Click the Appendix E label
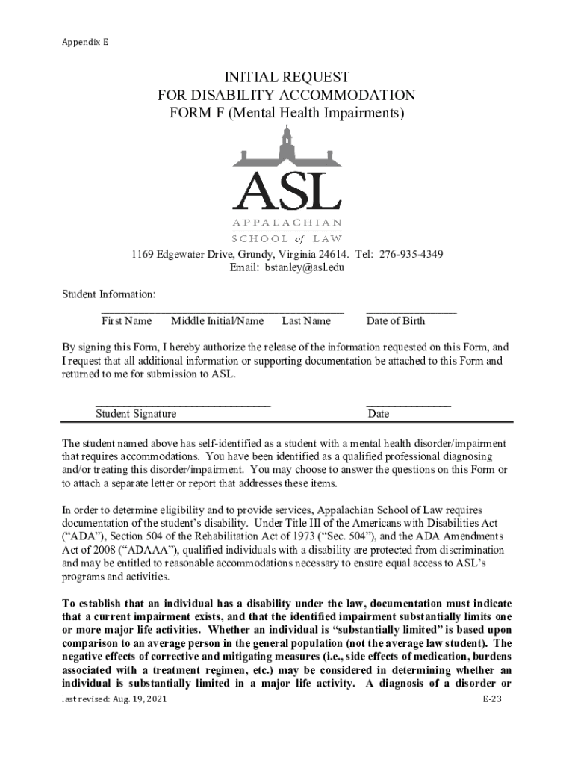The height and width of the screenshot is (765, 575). (84, 43)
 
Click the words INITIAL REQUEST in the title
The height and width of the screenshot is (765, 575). (287, 78)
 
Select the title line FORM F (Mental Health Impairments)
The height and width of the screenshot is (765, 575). (287, 114)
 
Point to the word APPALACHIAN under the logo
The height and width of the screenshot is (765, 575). (287, 223)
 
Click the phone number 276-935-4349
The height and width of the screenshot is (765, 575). (411, 255)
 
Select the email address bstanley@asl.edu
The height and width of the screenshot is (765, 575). (308, 268)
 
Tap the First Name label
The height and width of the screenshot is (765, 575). (126, 321)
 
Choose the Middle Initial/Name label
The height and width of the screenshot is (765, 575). (217, 321)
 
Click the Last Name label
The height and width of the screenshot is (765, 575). (306, 321)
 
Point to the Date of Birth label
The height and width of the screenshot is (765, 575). (396, 321)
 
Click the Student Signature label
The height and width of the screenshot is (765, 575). (136, 414)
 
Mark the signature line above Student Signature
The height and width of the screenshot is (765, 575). (183, 405)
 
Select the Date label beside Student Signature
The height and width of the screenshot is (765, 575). (378, 414)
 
